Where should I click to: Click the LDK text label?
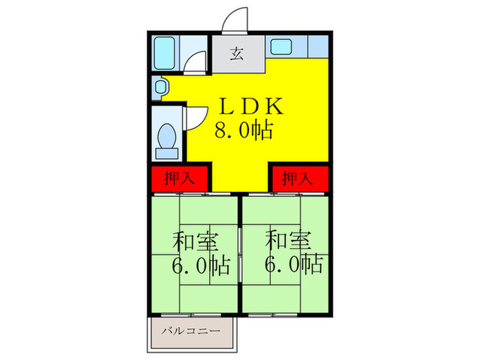(x=248, y=107)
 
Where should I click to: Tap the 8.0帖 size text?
(x=244, y=130)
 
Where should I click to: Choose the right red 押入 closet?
(x=297, y=179)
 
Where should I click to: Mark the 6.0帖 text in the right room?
(x=294, y=265)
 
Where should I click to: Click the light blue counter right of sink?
(x=317, y=46)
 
